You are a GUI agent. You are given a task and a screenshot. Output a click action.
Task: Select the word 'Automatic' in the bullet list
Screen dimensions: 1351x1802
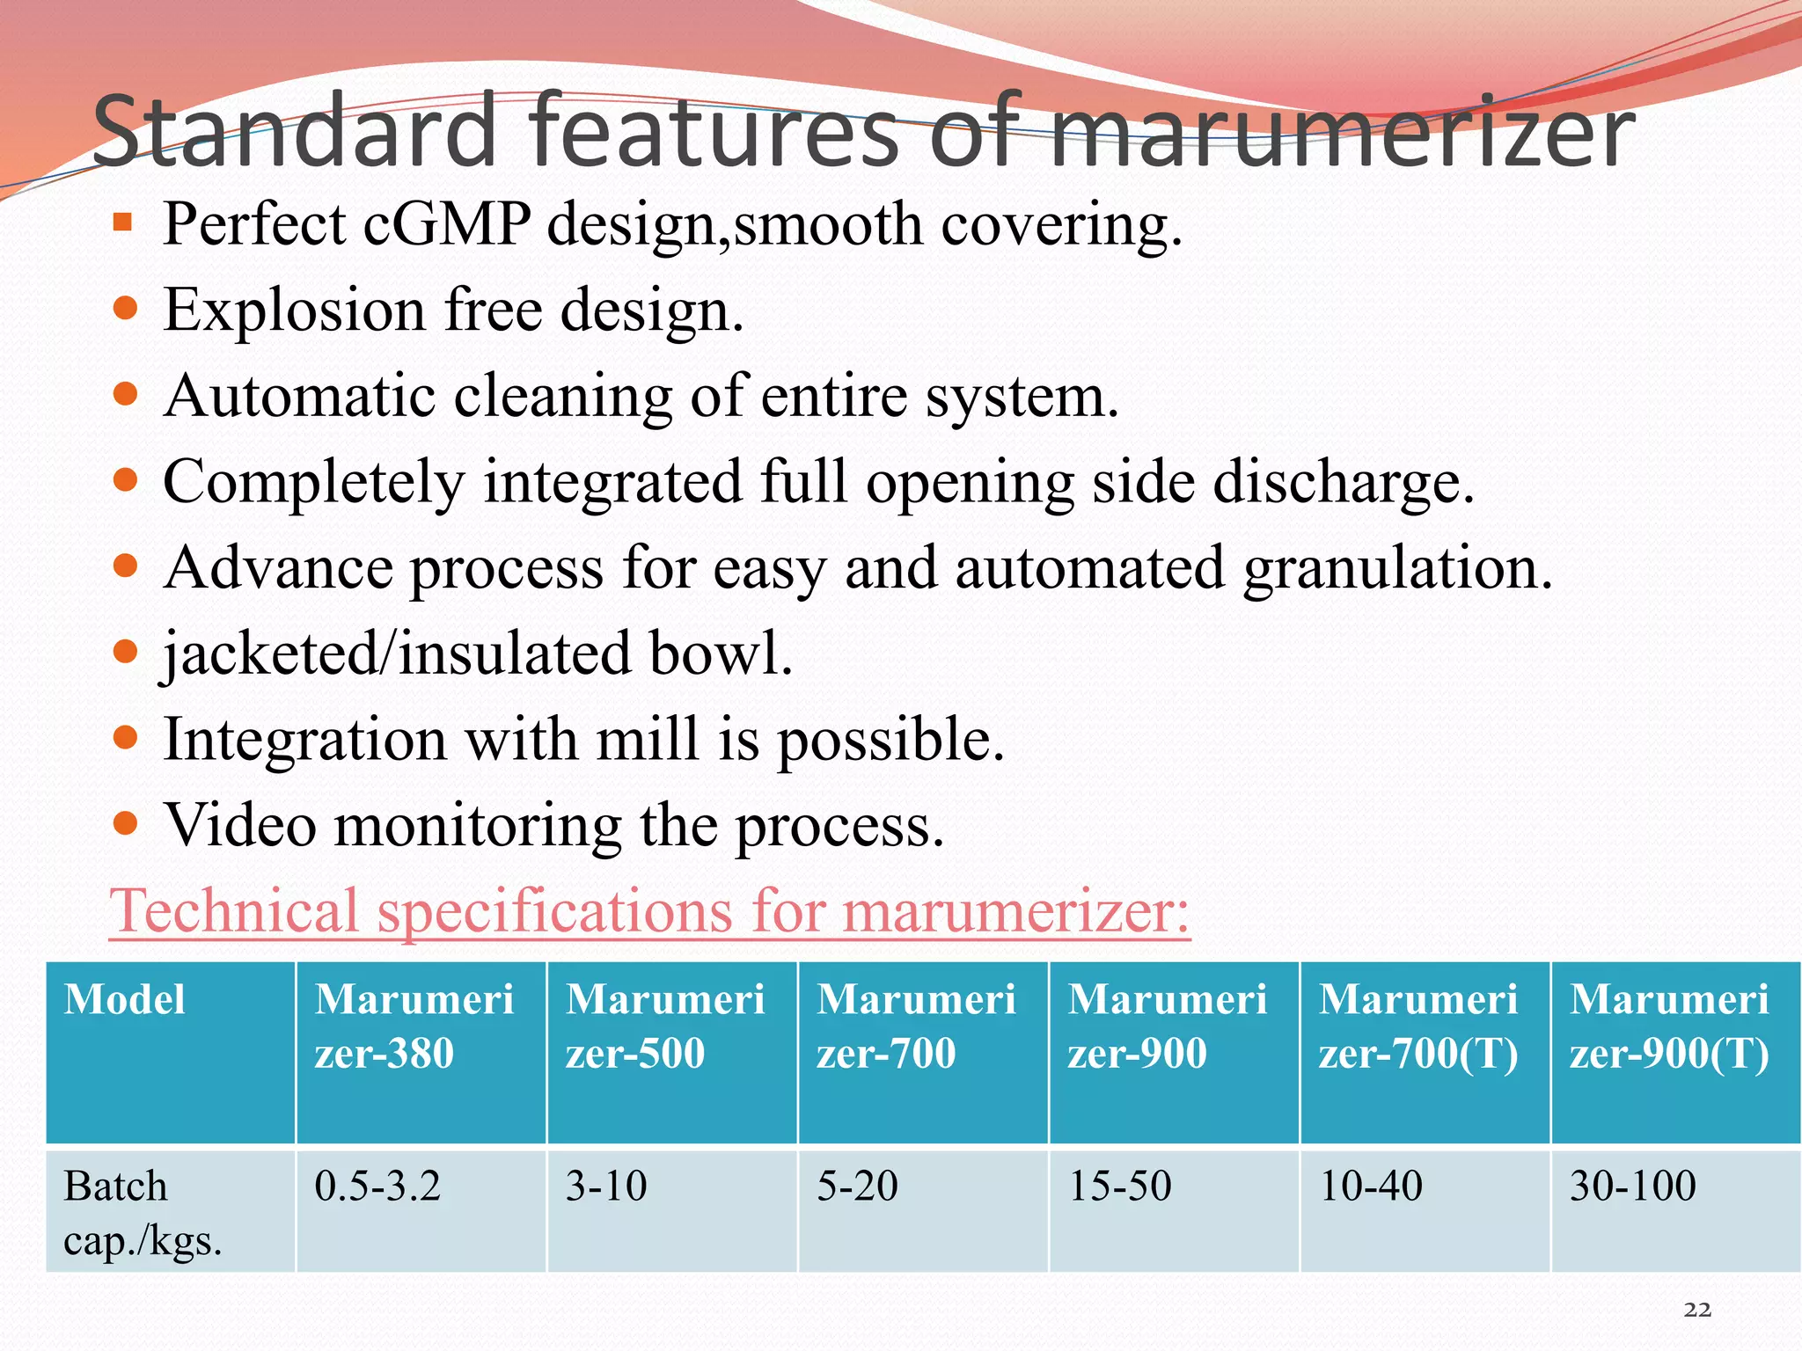[298, 396]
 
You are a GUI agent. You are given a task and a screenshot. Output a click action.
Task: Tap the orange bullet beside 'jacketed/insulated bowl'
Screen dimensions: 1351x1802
[126, 652]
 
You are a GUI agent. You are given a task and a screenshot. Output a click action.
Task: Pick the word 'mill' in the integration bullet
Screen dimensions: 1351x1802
[648, 739]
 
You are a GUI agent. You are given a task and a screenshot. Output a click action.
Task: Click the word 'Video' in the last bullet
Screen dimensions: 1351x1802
[240, 825]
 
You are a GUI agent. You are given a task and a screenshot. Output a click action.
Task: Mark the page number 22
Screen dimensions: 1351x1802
[1697, 1310]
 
